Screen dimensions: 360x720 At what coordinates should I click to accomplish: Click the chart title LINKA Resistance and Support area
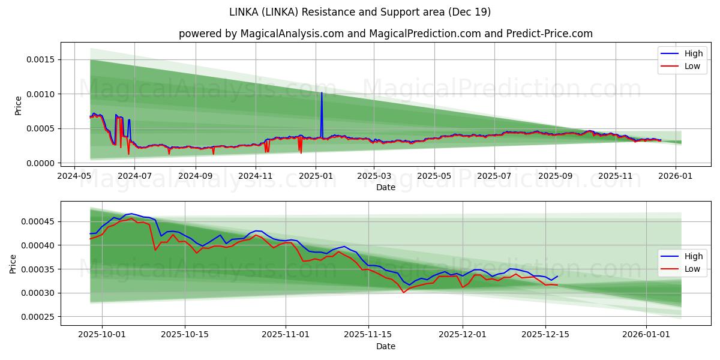pos(360,12)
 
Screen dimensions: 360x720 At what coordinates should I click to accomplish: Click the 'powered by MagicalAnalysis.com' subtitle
pos(385,34)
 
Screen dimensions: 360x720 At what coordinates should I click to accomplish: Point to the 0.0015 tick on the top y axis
pos(40,59)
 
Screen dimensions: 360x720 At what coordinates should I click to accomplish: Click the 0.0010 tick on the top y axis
pos(40,94)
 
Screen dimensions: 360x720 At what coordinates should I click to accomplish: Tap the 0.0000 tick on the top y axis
pos(40,163)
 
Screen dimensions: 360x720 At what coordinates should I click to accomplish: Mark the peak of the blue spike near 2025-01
pos(322,92)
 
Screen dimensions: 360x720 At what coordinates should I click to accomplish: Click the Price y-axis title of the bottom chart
pos(13,263)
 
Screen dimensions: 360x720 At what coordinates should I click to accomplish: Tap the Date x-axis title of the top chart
pos(385,187)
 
